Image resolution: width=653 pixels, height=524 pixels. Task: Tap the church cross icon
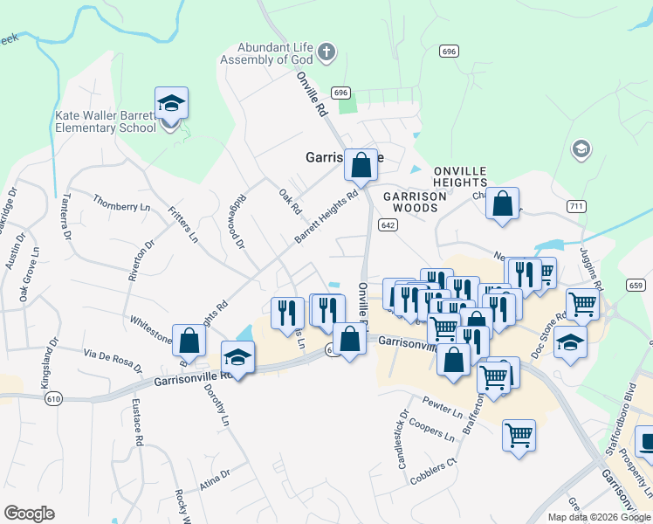(326, 52)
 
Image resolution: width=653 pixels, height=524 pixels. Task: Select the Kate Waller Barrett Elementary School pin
(171, 105)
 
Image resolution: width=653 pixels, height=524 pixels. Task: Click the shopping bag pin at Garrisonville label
(360, 164)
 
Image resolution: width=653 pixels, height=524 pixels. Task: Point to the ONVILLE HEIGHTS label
(459, 176)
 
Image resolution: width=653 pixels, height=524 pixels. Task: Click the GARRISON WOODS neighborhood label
(414, 202)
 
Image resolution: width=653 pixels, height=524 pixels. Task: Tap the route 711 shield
(575, 206)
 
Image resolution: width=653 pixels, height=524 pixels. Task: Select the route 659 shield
(636, 285)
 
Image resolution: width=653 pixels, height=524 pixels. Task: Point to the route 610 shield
(54, 397)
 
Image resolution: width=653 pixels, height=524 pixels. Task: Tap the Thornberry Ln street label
(115, 206)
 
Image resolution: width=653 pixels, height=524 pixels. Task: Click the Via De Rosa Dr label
(113, 357)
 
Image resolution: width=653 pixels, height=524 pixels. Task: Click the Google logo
(29, 513)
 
